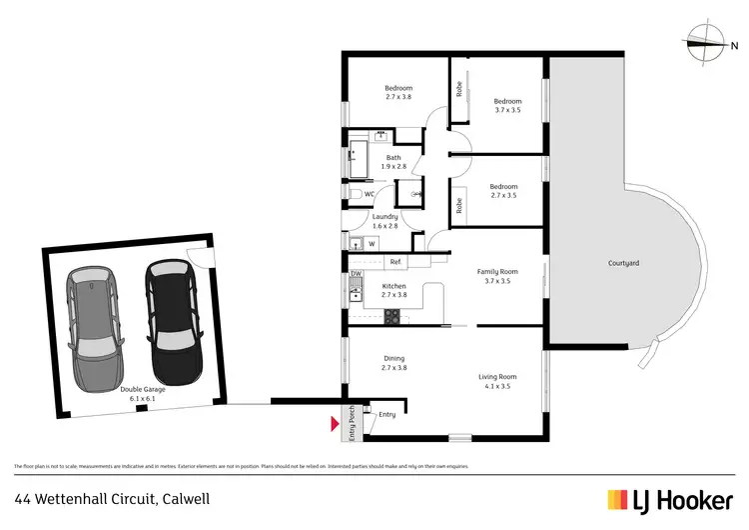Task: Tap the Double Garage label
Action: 141,394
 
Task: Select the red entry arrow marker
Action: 335,424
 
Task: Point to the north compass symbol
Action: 707,41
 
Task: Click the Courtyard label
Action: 623,263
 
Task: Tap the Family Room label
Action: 496,276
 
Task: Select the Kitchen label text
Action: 394,290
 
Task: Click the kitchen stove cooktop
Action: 391,318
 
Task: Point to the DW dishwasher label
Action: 355,274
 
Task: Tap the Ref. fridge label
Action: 395,262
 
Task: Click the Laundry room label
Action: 384,221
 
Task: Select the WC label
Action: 369,194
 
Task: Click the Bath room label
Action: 393,161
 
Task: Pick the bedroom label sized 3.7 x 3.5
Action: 507,105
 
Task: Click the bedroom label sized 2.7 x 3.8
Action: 398,92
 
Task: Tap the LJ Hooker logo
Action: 669,497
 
